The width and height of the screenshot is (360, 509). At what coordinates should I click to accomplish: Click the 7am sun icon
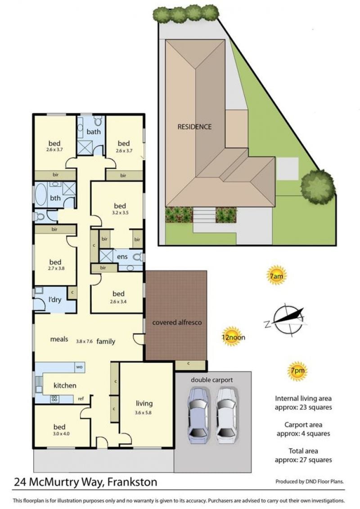pyautogui.click(x=276, y=276)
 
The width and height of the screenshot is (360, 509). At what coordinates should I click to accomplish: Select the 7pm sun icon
pyautogui.click(x=297, y=371)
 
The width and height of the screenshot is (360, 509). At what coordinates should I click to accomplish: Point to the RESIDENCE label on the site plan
pyautogui.click(x=194, y=127)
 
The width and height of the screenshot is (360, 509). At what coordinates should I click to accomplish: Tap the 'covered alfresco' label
pyautogui.click(x=177, y=322)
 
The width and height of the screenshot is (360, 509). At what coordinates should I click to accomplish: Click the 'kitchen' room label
pyautogui.click(x=65, y=385)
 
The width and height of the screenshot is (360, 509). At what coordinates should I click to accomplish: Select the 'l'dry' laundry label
pyautogui.click(x=54, y=299)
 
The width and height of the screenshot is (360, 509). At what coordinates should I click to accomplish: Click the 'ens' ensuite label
pyautogui.click(x=122, y=257)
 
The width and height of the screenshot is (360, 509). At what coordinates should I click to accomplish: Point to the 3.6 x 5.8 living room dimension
pyautogui.click(x=143, y=413)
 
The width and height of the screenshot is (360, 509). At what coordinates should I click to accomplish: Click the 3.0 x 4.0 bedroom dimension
pyautogui.click(x=61, y=434)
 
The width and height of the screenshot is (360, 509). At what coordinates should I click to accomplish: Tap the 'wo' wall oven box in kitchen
pyautogui.click(x=80, y=367)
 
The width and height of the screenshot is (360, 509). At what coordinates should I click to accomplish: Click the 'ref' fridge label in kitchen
pyautogui.click(x=81, y=399)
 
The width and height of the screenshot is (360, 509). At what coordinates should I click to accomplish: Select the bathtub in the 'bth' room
pyautogui.click(x=41, y=194)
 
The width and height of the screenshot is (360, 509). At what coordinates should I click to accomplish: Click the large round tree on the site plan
pyautogui.click(x=317, y=187)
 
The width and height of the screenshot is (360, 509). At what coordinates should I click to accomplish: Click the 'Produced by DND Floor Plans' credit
pyautogui.click(x=309, y=482)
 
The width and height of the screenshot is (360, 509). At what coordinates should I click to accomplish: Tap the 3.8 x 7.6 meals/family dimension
pyautogui.click(x=85, y=341)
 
